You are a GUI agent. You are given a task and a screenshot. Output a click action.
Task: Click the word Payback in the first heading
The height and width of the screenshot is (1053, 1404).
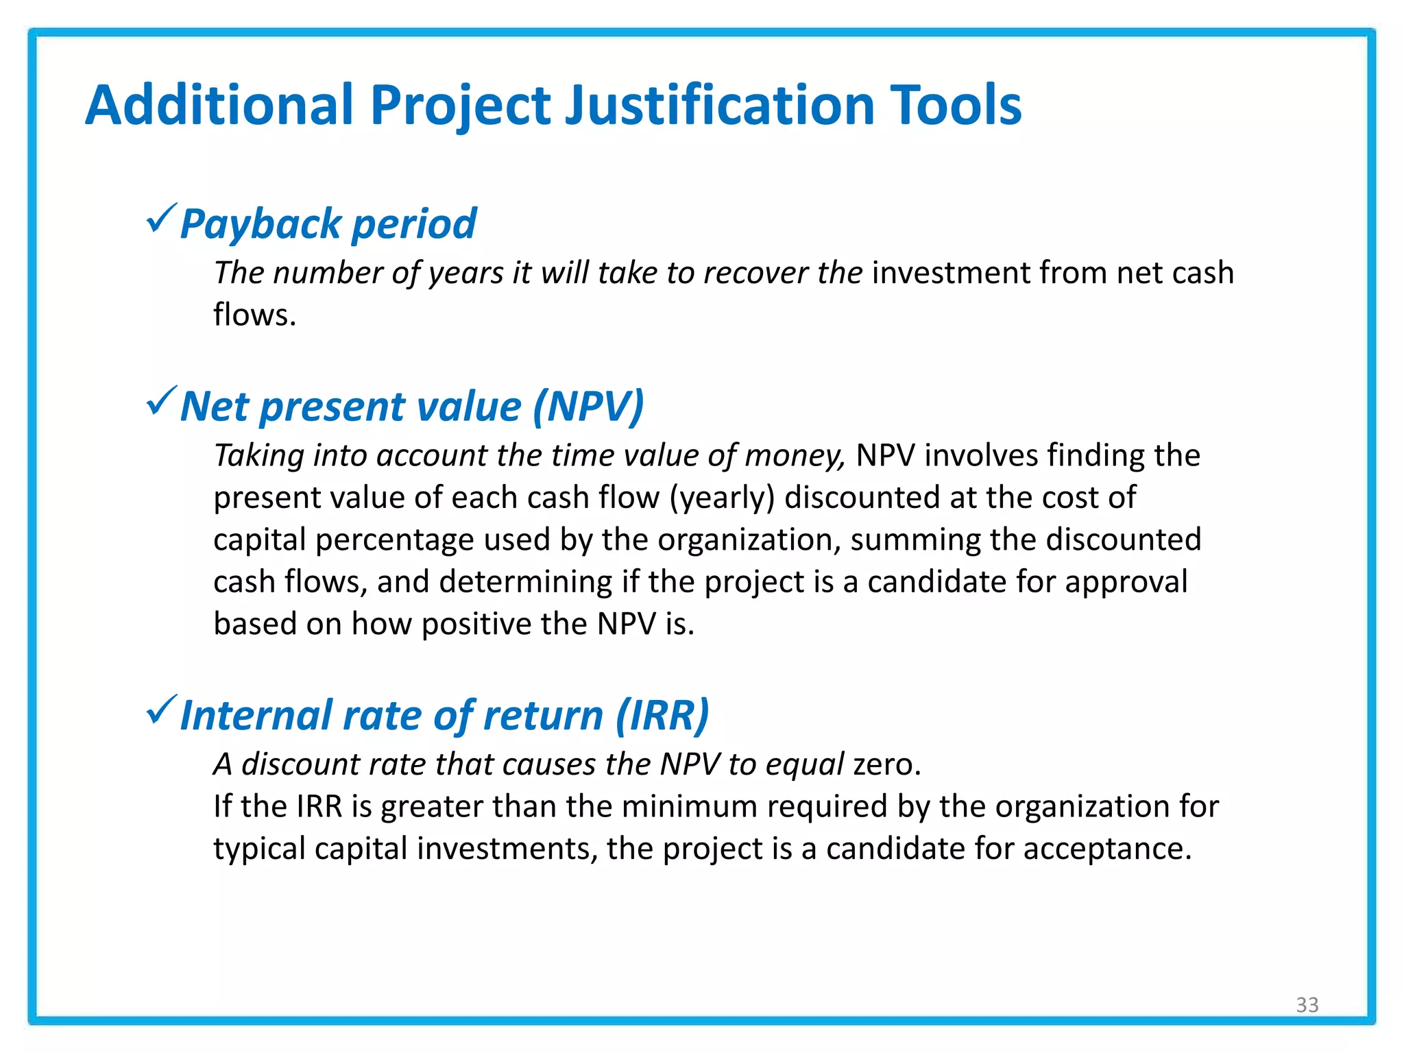[261, 225]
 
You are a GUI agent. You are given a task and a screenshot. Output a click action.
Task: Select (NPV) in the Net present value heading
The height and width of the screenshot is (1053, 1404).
[588, 407]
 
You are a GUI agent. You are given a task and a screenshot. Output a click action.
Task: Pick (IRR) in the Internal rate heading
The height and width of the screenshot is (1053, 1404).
[662, 716]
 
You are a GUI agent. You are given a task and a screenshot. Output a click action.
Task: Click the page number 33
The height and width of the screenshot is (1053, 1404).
[1307, 1004]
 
